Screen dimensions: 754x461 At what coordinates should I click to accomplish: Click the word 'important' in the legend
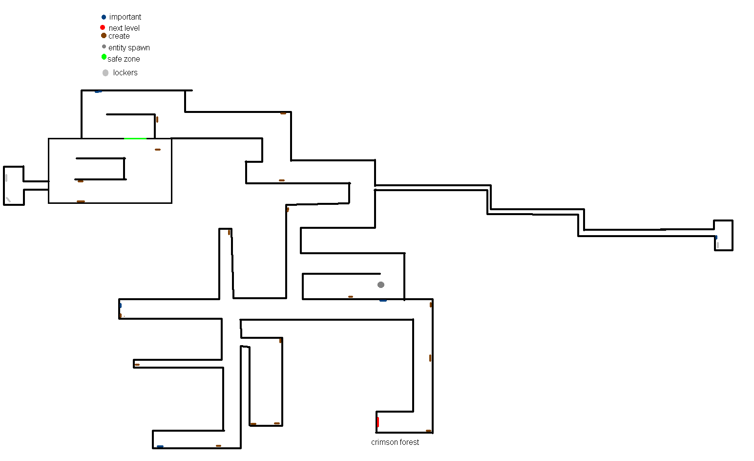coord(125,17)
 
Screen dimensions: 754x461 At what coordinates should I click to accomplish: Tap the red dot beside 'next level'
coord(103,27)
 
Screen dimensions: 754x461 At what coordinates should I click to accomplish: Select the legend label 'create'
coord(119,36)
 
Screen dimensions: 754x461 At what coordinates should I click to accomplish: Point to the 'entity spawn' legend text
coord(129,48)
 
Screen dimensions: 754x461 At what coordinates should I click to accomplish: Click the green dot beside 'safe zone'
coord(104,57)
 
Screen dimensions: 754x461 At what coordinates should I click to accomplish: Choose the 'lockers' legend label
coord(125,72)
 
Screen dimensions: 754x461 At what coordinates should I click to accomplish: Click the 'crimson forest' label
coord(395,442)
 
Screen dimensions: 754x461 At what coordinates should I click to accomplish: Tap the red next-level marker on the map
coord(377,422)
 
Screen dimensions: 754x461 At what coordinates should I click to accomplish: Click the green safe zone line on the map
coord(135,138)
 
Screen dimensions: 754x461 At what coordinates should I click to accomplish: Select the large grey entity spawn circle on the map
coord(381,285)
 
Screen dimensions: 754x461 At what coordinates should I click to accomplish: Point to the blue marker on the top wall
coord(98,91)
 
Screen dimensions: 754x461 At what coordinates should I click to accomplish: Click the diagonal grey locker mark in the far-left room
coord(8,200)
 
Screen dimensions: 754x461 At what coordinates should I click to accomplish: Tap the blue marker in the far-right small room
coord(716,237)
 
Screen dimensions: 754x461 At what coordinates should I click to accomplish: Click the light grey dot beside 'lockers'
coord(105,73)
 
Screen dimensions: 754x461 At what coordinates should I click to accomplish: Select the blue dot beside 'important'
coord(104,17)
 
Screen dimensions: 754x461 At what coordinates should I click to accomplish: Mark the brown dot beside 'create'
coord(104,35)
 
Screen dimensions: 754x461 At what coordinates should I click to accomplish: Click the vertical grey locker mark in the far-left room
coord(6,178)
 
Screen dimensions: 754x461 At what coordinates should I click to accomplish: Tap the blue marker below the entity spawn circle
coord(383,300)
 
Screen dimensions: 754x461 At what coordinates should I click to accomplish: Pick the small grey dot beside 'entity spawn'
coord(104,46)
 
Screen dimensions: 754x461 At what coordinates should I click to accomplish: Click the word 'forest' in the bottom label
coord(409,442)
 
